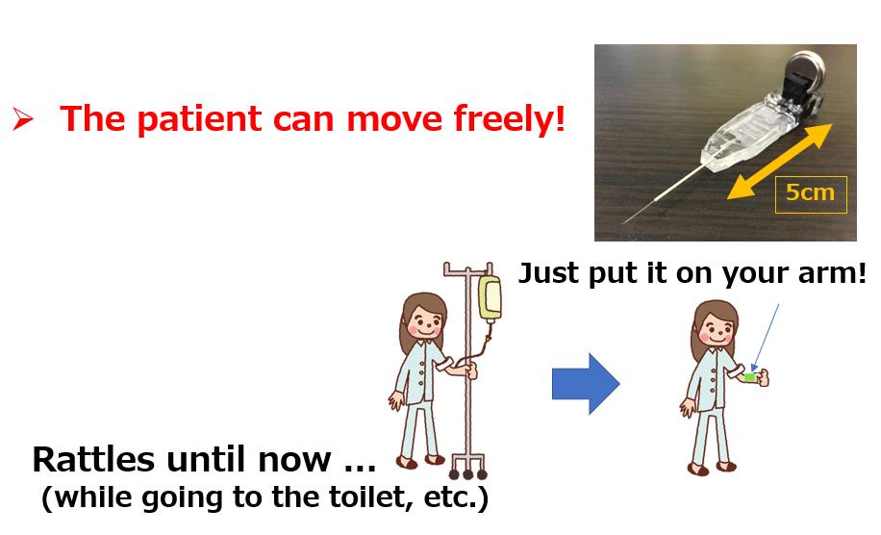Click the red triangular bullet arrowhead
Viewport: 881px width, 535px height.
(x=22, y=119)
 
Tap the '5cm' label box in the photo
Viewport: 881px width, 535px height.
(x=810, y=194)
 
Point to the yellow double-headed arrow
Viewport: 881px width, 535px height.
(x=779, y=162)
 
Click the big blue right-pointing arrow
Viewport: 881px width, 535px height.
(x=586, y=384)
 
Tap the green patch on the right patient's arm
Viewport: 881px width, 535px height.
(x=750, y=377)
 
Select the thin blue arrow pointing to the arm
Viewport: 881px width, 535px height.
(x=766, y=338)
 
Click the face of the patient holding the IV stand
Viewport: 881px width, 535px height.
(x=424, y=322)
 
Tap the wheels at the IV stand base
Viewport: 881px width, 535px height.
(x=467, y=473)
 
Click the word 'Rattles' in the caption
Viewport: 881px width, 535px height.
(x=93, y=459)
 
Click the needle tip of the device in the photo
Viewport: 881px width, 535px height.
(x=625, y=222)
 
